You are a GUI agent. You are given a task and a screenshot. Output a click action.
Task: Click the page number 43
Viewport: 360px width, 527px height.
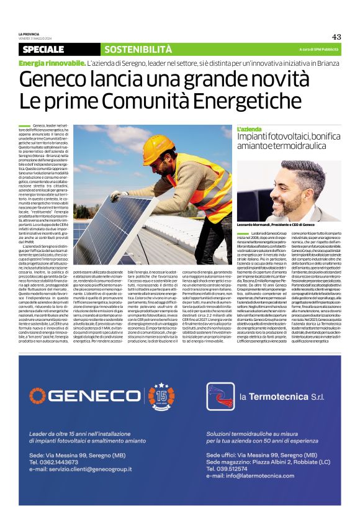(336, 37)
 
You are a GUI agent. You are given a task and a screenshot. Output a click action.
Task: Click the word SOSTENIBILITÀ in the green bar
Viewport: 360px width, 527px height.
(138, 50)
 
